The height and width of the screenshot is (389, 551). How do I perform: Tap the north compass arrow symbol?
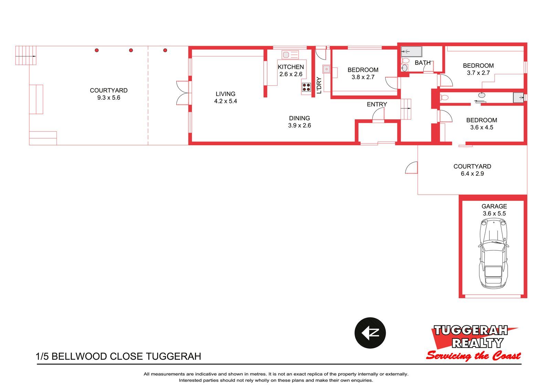(370, 333)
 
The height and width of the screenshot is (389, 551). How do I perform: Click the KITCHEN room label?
(291, 67)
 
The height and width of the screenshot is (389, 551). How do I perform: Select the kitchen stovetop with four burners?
(306, 87)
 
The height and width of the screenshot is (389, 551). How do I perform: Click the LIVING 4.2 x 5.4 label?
(226, 98)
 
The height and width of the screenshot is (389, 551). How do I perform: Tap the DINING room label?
(300, 118)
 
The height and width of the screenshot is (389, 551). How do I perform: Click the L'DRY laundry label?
(319, 85)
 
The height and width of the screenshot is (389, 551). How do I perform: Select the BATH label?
(423, 63)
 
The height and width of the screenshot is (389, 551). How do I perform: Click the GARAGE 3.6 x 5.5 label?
(494, 210)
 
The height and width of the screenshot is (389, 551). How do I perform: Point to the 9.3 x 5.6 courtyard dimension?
(109, 98)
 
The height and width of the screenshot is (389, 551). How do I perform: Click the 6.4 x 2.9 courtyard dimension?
(472, 174)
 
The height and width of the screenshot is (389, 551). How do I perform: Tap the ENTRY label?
(377, 105)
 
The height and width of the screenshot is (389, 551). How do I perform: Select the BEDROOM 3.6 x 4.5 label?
(482, 124)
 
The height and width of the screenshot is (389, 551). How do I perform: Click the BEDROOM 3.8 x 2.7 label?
(363, 74)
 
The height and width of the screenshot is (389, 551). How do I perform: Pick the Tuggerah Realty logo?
(474, 343)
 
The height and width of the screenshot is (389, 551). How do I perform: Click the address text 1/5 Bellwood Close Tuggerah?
(118, 356)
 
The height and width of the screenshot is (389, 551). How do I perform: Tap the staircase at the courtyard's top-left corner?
(25, 55)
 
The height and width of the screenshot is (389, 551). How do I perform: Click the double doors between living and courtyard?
(183, 93)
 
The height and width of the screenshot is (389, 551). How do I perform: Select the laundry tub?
(326, 69)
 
